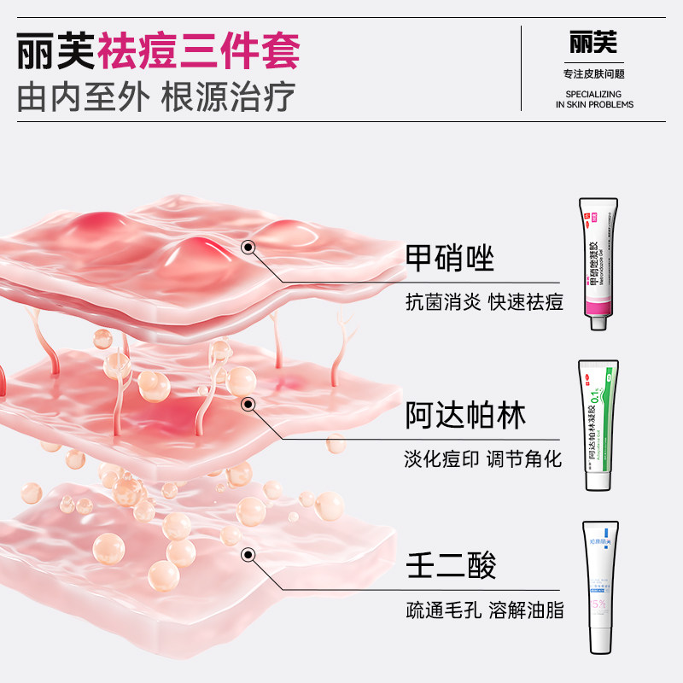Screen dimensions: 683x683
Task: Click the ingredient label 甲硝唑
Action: [450, 258]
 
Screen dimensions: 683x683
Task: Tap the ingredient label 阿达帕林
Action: [465, 416]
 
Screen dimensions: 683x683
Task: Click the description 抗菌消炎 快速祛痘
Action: [483, 301]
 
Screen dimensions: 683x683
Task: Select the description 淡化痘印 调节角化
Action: [483, 459]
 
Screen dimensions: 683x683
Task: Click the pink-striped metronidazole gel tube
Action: [598, 256]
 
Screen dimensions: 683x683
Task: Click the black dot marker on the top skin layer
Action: [248, 248]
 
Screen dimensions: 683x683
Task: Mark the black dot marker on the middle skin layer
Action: [248, 405]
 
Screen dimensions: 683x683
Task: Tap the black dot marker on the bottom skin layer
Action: [248, 556]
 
